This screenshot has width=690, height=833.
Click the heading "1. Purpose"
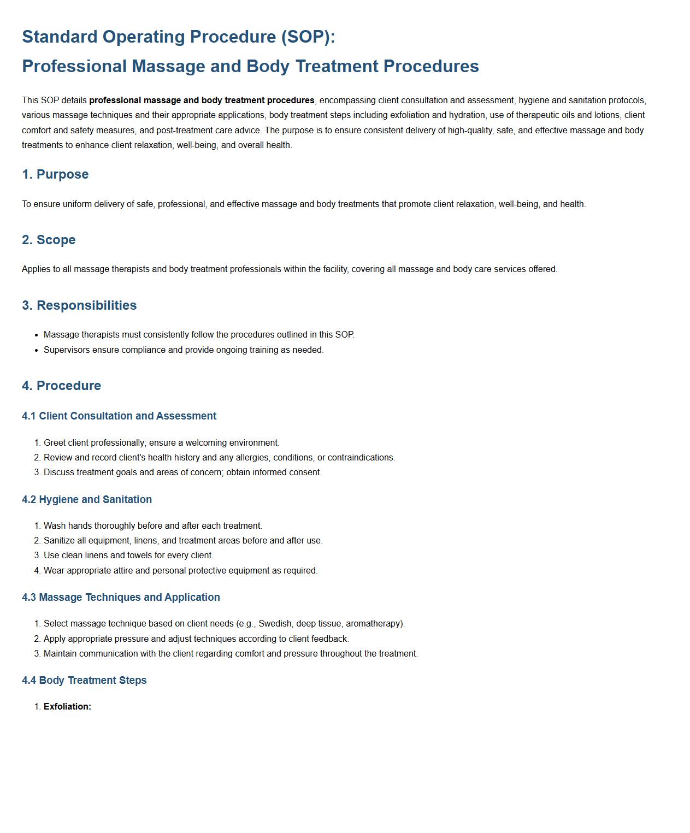click(x=55, y=174)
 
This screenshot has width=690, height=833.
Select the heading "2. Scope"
click(x=49, y=240)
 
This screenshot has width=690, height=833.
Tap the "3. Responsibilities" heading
click(x=79, y=305)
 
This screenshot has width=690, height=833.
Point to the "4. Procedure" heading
click(x=61, y=386)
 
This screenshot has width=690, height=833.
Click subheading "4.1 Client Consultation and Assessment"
click(x=119, y=416)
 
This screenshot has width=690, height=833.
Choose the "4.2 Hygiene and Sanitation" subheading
click(x=87, y=500)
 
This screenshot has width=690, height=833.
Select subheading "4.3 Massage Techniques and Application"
click(x=121, y=598)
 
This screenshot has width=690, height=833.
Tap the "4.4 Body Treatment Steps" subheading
click(x=84, y=681)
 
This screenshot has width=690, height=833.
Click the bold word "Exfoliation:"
click(x=67, y=707)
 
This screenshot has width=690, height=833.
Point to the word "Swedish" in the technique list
click(x=275, y=624)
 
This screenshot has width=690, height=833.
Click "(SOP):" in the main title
click(x=308, y=37)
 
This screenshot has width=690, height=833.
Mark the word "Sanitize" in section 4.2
click(x=60, y=541)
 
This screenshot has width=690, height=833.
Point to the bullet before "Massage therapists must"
click(x=36, y=335)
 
